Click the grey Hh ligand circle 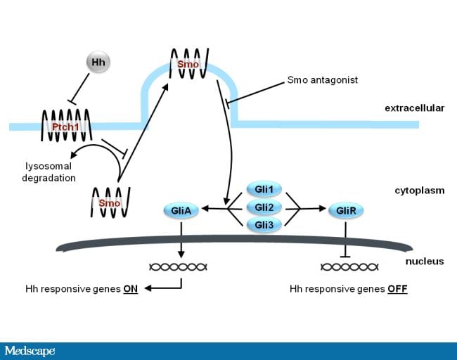point(98,63)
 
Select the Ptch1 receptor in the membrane point(65,125)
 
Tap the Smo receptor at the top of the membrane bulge point(188,63)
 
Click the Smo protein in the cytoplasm point(110,202)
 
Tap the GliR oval point(345,209)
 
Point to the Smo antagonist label point(323,80)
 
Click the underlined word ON point(131,289)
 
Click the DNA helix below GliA point(179,266)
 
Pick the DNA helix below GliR point(349,266)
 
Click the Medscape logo point(30,351)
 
